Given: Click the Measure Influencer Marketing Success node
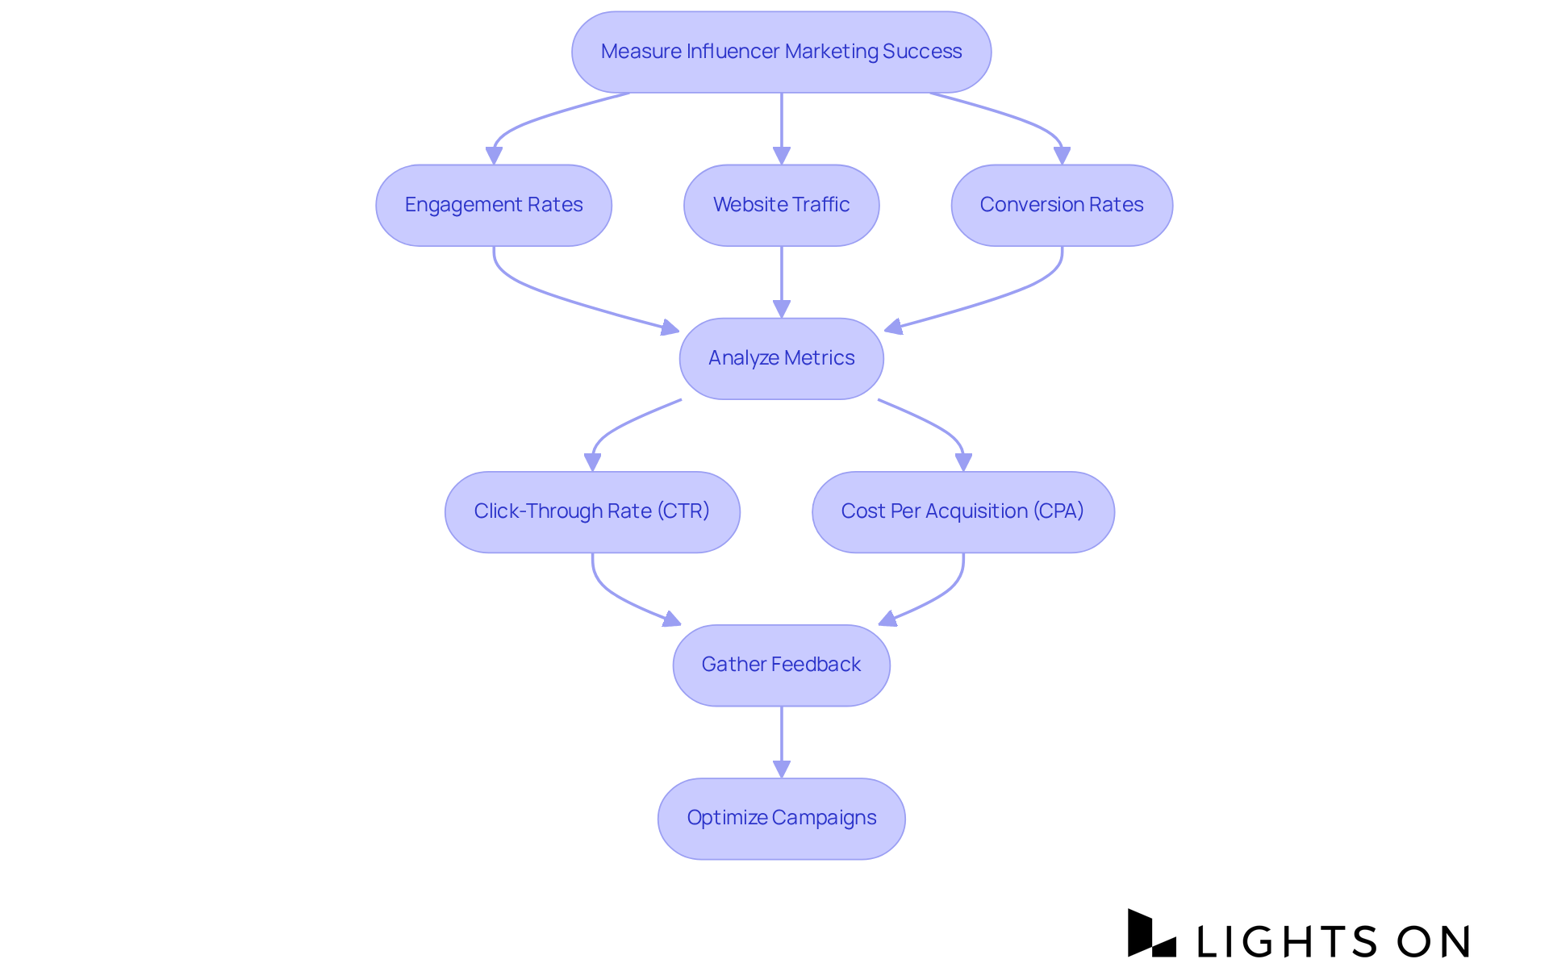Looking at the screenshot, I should tap(781, 52).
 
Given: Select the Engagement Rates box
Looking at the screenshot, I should tap(494, 205).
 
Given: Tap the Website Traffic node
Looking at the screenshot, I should tap(781, 205).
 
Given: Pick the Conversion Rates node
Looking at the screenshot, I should tap(1062, 205).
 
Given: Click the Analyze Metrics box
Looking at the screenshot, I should tap(781, 358).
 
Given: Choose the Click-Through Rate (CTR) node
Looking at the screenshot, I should tap(592, 511).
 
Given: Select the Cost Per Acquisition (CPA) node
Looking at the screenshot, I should tap(962, 511).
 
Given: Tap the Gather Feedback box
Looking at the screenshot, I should tap(781, 665).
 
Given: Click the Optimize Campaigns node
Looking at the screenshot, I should tap(781, 818).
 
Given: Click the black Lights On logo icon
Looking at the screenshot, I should tap(1151, 933).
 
